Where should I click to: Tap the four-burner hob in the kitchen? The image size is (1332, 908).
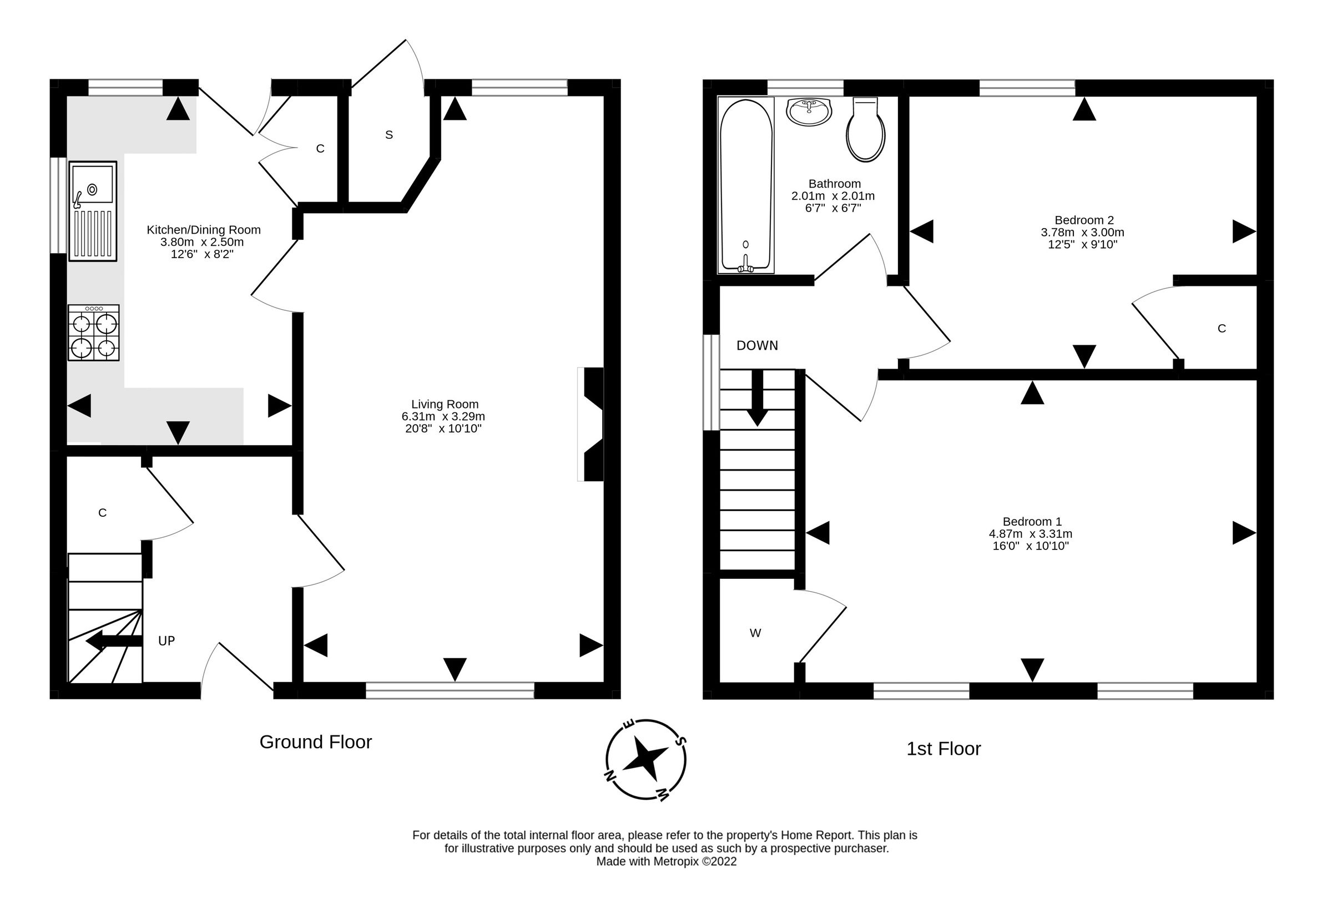(93, 333)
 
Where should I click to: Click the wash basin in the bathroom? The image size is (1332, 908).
(809, 112)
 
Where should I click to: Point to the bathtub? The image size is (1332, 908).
(745, 185)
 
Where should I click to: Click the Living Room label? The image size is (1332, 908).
(444, 404)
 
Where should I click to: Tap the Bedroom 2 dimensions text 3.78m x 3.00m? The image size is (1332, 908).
(1082, 233)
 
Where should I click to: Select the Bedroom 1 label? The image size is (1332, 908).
(1032, 522)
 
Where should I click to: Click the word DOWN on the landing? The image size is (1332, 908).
(757, 346)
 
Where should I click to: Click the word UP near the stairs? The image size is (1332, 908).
(166, 641)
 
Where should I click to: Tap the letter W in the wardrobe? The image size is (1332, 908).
(755, 633)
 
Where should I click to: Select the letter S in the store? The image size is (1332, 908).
(389, 135)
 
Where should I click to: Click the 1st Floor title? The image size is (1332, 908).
(944, 749)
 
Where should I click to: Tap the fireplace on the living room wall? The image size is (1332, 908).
(593, 424)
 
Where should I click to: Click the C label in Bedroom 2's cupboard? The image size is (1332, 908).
(1222, 329)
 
